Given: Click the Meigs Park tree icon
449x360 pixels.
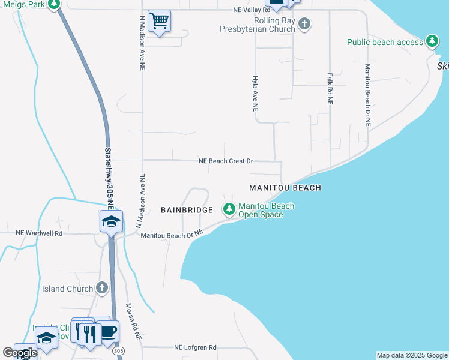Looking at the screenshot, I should (x=55, y=4).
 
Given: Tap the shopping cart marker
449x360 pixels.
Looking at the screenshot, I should (x=159, y=21).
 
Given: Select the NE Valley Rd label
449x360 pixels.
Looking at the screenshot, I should (x=252, y=10).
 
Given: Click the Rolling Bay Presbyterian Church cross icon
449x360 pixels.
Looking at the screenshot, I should (x=304, y=25).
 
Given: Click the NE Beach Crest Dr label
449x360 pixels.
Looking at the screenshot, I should (x=226, y=161).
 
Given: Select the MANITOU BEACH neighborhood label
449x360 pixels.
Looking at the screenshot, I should (x=285, y=188).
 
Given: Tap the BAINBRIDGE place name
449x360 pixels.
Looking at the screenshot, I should (x=187, y=210).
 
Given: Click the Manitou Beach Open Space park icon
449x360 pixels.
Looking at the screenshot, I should (x=229, y=209).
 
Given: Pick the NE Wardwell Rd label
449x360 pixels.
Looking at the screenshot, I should (x=39, y=233).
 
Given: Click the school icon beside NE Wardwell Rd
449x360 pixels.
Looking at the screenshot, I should (x=111, y=221).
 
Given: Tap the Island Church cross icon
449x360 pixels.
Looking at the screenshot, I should (x=102, y=289).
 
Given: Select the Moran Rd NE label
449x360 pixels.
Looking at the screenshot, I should (x=133, y=322).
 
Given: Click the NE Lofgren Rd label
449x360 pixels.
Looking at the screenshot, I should (x=195, y=347).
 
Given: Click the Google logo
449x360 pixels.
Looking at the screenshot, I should (x=20, y=353).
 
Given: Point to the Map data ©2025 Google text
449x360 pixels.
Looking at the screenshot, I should (x=411, y=355).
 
